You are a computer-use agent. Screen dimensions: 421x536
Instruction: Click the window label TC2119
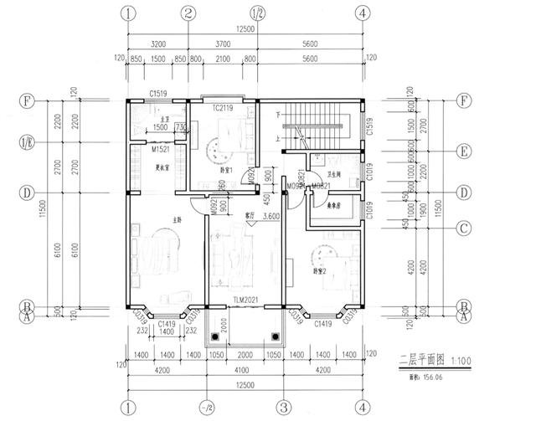[x=223, y=108]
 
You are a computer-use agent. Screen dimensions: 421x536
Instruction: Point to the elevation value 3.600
[x=271, y=216]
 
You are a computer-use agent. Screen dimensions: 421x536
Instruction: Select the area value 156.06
[x=432, y=377]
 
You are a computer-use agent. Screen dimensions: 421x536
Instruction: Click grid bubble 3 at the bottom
[x=285, y=408]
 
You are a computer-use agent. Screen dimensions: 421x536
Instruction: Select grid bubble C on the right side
[x=464, y=228]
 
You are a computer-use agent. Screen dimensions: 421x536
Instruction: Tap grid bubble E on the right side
[x=464, y=152]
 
